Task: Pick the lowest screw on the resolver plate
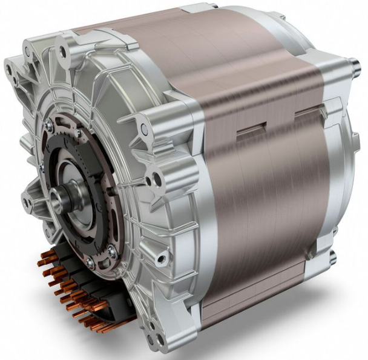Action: [90, 262]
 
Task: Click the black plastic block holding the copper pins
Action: [85, 291]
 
